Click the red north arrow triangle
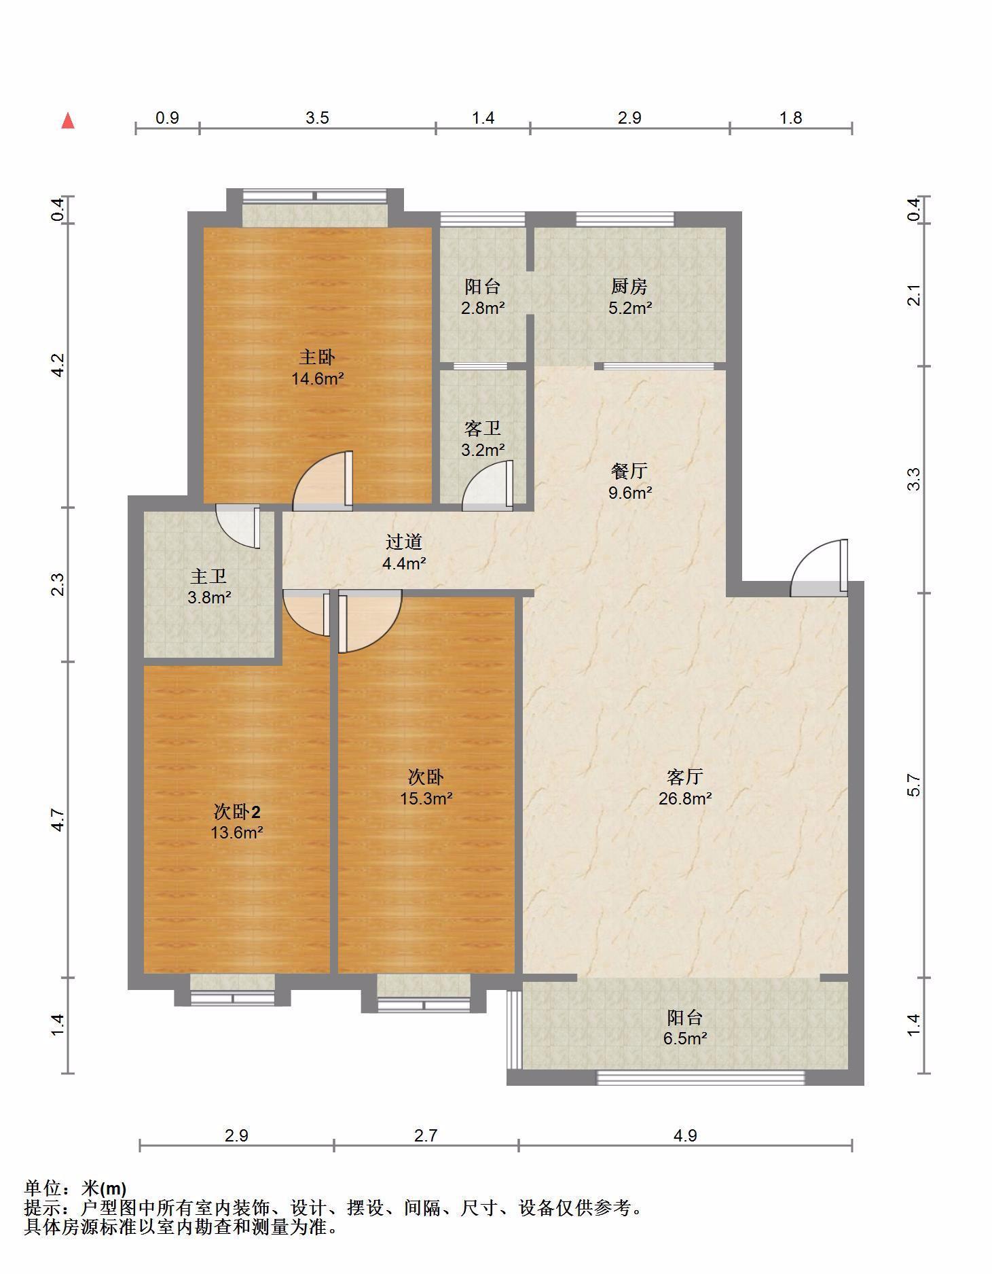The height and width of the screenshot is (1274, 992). [x=68, y=121]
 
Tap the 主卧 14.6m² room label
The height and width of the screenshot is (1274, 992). [x=318, y=368]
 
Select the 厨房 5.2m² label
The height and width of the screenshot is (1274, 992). [x=630, y=297]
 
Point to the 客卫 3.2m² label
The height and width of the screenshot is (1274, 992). [x=483, y=438]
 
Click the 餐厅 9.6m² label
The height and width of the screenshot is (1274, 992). [x=630, y=481]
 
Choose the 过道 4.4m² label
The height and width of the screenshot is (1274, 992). [x=404, y=552]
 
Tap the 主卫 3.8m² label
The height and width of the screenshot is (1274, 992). [x=209, y=586]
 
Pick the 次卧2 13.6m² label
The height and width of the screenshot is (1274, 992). [x=237, y=821]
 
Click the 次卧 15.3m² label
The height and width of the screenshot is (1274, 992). [x=426, y=787]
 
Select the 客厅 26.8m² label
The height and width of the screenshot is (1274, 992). [x=684, y=787]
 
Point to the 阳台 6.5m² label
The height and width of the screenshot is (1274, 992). [x=684, y=1027]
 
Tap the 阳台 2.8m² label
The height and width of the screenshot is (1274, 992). [x=483, y=297]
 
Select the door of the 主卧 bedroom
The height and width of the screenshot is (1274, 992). [x=323, y=481]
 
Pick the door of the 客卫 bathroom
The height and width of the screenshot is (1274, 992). [x=488, y=486]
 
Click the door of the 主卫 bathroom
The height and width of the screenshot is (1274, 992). [x=238, y=525]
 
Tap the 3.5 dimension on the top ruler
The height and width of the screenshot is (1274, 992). [x=317, y=118]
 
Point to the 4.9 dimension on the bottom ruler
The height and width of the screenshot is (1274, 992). [x=685, y=1135]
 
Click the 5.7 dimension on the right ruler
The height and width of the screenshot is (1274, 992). [x=914, y=785]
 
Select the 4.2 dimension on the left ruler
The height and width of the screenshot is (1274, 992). [x=59, y=365]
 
